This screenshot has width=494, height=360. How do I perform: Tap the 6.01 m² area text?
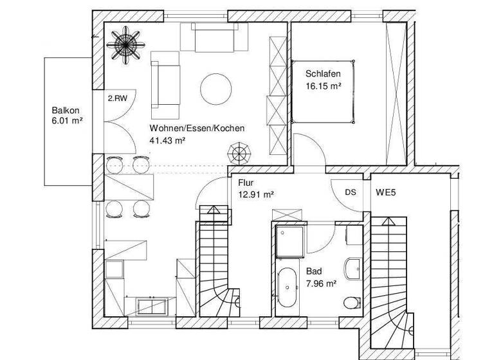(66, 120)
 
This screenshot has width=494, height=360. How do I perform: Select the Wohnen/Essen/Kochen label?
(197, 129)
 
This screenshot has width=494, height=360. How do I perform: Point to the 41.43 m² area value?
(168, 140)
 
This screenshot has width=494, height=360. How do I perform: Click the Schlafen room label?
(323, 74)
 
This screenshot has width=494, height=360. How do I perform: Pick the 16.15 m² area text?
(323, 85)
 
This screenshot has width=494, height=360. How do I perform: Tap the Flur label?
(246, 182)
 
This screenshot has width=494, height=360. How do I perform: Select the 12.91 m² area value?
(256, 194)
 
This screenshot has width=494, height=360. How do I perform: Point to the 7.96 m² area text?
(322, 282)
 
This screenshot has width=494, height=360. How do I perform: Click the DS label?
(351, 192)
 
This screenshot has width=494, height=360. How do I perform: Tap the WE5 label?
(385, 192)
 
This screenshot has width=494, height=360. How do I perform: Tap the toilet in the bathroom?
(350, 301)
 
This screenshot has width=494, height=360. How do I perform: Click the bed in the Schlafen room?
(324, 91)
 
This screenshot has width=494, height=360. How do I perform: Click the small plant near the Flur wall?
(240, 154)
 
